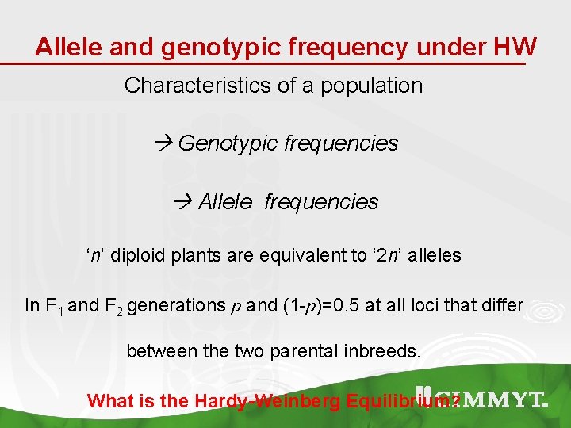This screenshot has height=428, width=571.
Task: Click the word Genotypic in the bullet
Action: (227, 143)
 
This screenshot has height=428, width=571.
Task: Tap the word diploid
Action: (141, 256)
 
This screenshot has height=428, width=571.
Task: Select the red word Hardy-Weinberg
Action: (266, 401)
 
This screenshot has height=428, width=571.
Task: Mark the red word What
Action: (109, 401)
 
